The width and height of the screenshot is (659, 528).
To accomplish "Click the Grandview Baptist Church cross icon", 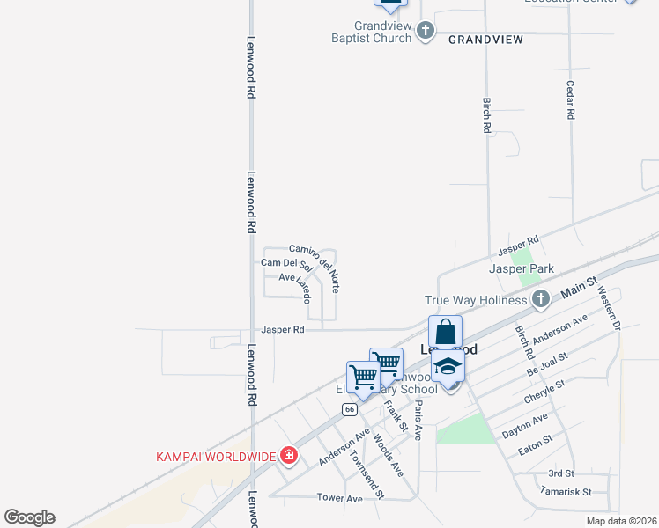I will tap(426, 32).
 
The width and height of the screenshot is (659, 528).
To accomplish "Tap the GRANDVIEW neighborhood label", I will tap(485, 40).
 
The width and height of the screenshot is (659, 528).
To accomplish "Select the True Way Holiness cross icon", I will tap(541, 300).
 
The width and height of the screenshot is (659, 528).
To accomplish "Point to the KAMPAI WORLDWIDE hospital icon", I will tap(288, 456).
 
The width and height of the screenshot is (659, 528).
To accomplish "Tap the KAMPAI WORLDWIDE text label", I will tap(216, 456).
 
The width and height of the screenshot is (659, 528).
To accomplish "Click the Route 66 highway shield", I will tap(350, 409).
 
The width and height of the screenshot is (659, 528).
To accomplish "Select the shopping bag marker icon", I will tap(445, 334).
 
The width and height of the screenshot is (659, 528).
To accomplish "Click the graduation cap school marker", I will tap(448, 367).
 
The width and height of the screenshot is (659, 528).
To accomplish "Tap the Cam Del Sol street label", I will tap(287, 263).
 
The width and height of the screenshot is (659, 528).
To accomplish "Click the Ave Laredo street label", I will tap(296, 285).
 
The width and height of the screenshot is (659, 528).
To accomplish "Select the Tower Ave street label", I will tap(340, 498).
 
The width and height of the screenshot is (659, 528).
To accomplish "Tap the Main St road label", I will tap(578, 284).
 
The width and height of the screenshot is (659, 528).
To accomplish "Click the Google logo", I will tap(29, 517).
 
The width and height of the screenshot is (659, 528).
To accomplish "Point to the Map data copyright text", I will tap(621, 521).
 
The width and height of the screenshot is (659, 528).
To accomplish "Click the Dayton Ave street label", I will tap(525, 426).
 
